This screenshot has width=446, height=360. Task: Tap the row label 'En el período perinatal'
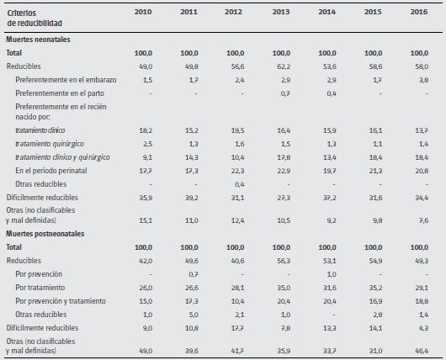[56, 170]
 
